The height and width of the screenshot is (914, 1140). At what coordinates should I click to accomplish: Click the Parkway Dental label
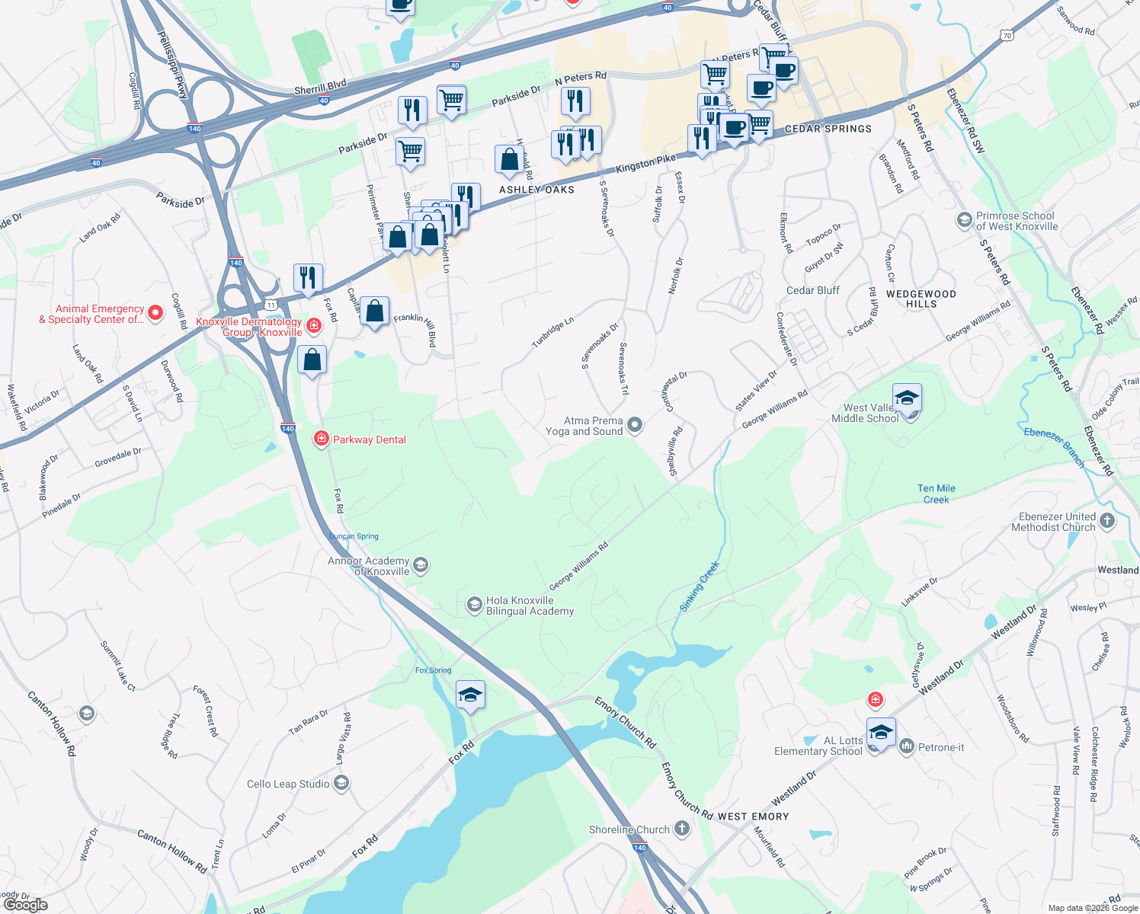point(369,439)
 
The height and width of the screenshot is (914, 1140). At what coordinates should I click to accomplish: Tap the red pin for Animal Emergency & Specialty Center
point(155,313)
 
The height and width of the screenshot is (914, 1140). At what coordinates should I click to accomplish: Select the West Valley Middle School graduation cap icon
point(907,398)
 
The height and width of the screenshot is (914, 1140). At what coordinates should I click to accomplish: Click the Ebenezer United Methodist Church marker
point(1107,521)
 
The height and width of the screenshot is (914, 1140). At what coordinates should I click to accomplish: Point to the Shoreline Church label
point(629,829)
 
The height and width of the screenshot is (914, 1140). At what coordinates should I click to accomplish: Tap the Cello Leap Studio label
point(288,784)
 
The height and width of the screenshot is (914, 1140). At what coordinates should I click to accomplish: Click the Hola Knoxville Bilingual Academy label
point(530,606)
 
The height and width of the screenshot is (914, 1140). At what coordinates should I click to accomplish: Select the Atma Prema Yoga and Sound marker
point(635,425)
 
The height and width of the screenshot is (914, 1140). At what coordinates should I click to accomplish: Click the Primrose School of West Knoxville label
point(1017,221)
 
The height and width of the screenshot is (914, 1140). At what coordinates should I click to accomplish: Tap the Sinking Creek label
point(700,586)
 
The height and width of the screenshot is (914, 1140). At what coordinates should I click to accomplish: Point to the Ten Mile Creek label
point(936,494)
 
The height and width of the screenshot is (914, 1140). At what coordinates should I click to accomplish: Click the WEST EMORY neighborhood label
point(753,817)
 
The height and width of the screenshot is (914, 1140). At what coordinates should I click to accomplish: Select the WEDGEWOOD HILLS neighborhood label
point(921,299)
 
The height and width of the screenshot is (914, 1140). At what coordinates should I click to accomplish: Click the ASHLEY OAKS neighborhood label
point(536,190)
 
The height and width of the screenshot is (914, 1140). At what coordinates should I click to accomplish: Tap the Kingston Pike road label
point(645,163)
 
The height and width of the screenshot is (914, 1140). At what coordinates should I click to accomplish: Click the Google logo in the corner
point(26,904)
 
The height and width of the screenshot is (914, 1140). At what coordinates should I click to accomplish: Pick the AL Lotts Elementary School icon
point(880,733)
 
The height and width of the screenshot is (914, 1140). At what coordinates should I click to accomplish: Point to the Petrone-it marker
point(906,746)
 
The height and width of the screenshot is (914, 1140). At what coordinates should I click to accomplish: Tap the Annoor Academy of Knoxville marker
point(421,565)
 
